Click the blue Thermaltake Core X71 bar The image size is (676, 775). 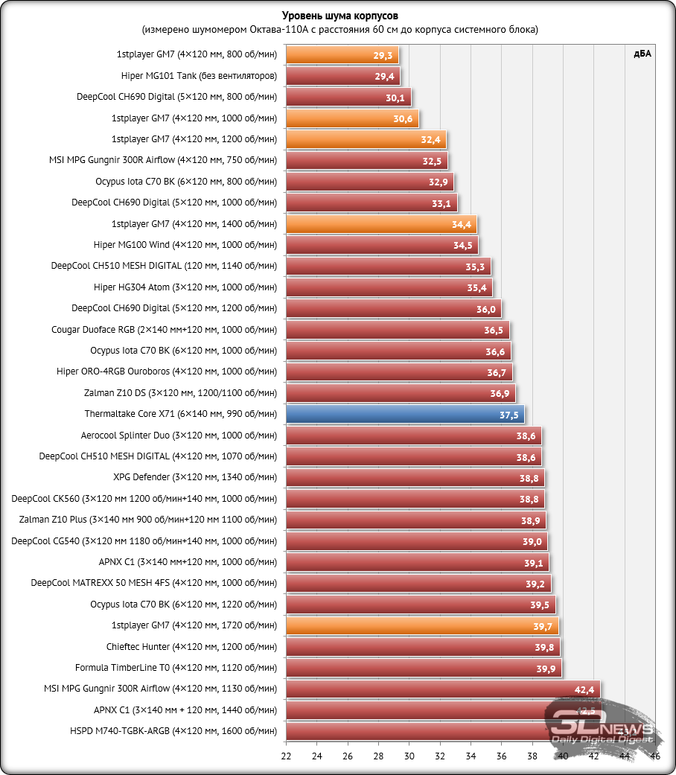pos(405,415)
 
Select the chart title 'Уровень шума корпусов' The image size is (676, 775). pos(338,16)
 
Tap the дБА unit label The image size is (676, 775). pos(642,54)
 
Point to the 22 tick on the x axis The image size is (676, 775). pos(286,756)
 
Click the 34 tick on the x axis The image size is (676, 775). pos(471,756)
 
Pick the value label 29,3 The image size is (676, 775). pos(384,55)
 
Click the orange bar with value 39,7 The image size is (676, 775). pos(421,626)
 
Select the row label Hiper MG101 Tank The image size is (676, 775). pos(199,76)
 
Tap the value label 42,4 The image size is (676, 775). pos(584,690)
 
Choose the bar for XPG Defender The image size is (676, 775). pos(415,478)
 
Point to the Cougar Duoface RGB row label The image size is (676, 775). pos(164,330)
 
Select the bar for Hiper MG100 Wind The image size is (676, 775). pos(381,245)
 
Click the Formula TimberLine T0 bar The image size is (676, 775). pos(424,668)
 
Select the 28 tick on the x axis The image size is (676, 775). pos(378,756)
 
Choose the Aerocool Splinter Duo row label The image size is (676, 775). pos(179,436)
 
